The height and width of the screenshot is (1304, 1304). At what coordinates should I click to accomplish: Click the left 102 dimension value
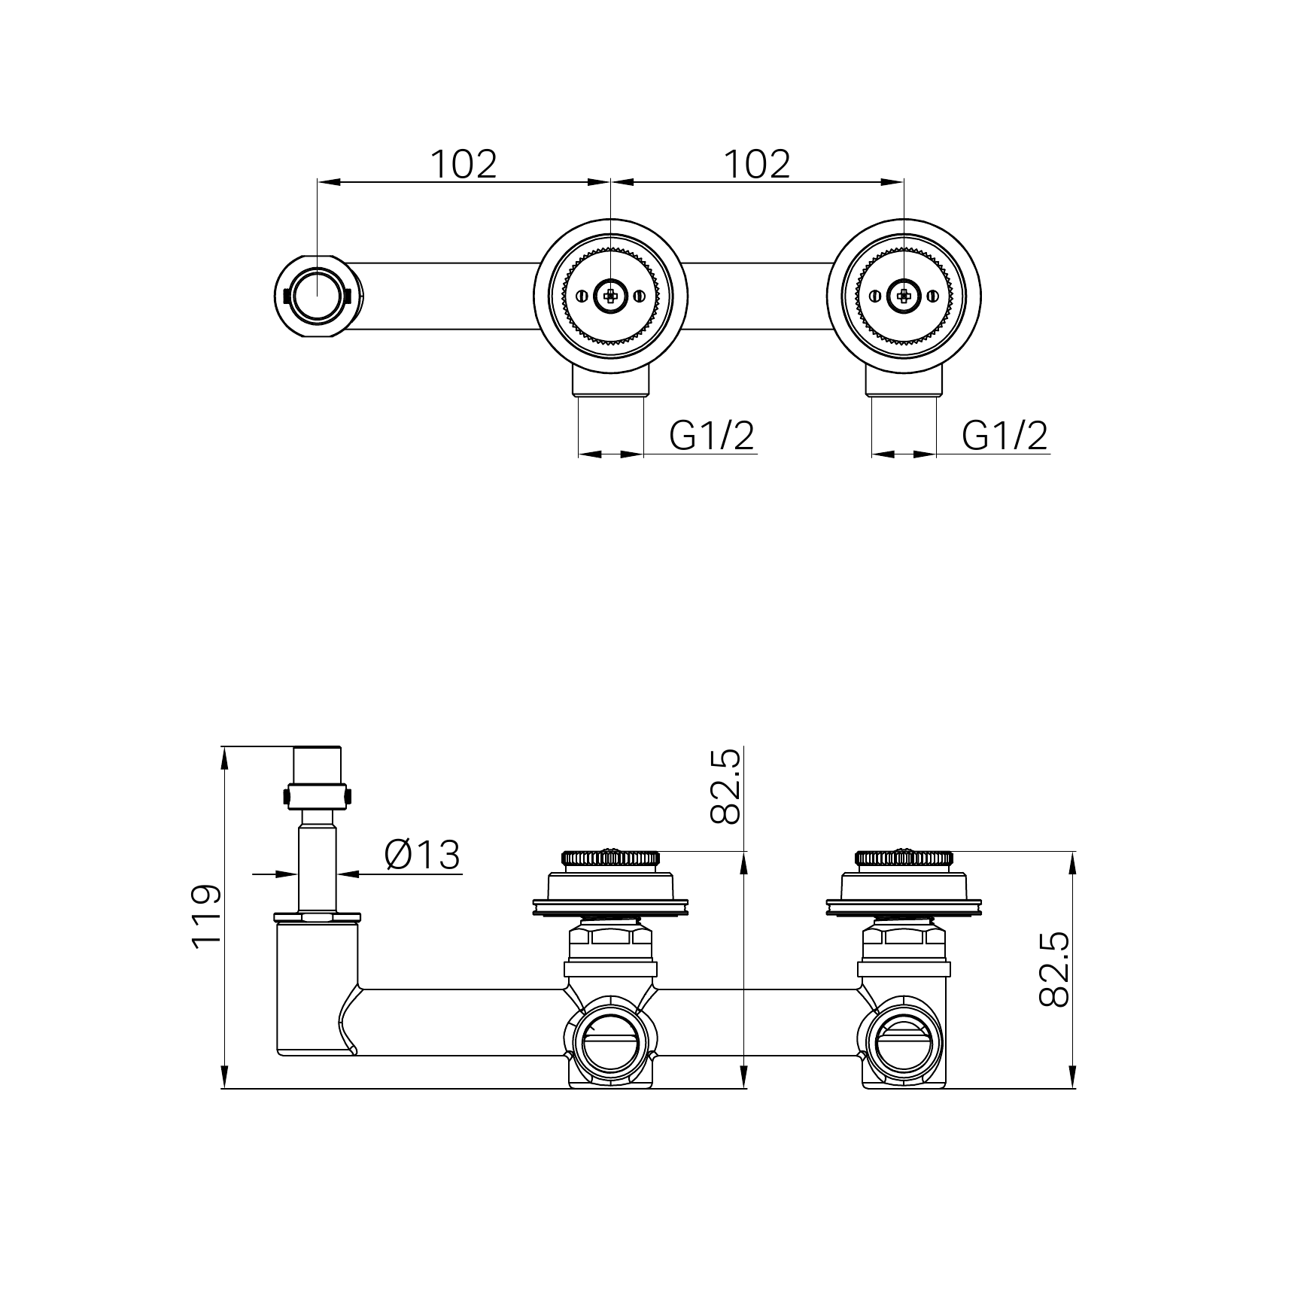click(464, 163)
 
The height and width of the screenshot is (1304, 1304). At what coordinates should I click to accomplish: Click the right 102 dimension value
click(757, 163)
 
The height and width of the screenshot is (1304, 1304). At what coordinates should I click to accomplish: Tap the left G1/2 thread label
click(712, 435)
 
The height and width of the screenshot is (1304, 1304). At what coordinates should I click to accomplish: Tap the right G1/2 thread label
click(1005, 435)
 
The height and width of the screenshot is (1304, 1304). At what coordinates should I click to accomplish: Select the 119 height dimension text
click(207, 916)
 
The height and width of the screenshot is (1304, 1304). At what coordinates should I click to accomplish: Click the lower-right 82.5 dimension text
click(1053, 968)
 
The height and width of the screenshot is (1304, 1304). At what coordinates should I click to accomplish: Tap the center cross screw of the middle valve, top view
click(610, 296)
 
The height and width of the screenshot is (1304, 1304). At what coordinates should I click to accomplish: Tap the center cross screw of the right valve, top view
click(904, 296)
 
